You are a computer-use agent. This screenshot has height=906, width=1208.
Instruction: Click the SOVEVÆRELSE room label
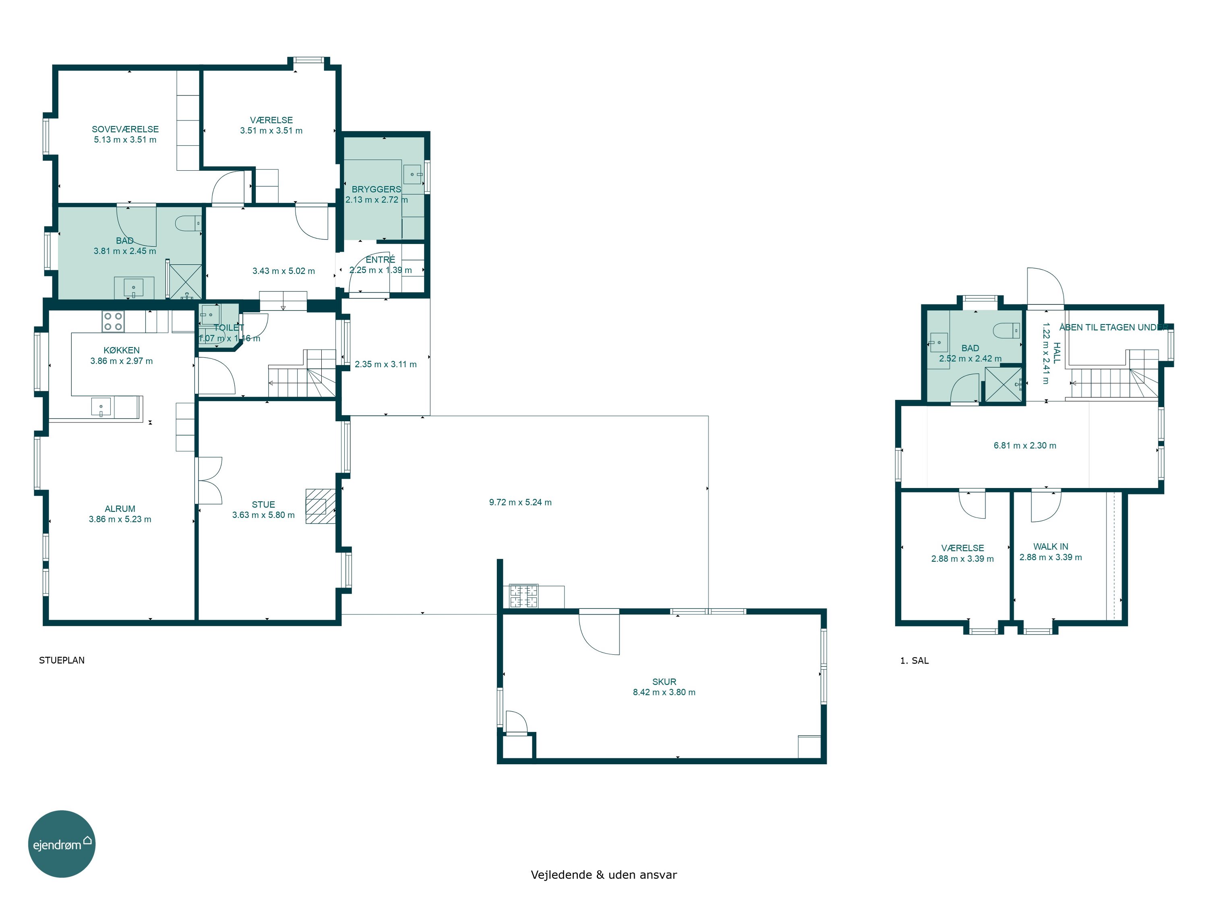[x=125, y=129]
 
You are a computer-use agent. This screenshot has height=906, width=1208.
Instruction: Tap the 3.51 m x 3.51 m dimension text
[x=271, y=130]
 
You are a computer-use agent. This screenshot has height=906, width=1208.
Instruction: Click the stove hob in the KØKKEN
[x=113, y=321]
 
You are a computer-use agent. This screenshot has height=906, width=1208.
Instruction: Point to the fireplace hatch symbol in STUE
[x=320, y=506]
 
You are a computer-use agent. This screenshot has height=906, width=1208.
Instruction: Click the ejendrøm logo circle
[x=62, y=844]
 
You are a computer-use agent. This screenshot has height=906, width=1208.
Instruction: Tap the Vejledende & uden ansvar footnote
[x=604, y=874]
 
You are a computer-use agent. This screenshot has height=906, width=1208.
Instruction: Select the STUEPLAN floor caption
[x=62, y=660]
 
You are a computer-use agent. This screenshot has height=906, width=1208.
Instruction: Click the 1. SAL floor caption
[x=914, y=660]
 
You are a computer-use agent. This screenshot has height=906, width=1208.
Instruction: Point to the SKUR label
[x=664, y=682]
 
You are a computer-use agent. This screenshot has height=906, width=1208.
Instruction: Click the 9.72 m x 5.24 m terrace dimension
[x=520, y=503]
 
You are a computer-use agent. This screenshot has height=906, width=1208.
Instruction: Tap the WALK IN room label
[x=1051, y=547]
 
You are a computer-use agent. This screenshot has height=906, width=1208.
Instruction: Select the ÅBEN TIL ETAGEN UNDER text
[x=1113, y=327]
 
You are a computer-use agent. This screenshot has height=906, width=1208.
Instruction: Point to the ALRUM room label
[x=120, y=509]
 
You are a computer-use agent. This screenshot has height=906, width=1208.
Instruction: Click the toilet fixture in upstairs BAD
[x=1006, y=331]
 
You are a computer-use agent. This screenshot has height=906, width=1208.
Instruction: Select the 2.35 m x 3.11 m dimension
[x=386, y=364]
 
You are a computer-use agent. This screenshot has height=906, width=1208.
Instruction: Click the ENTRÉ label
[x=380, y=259]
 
